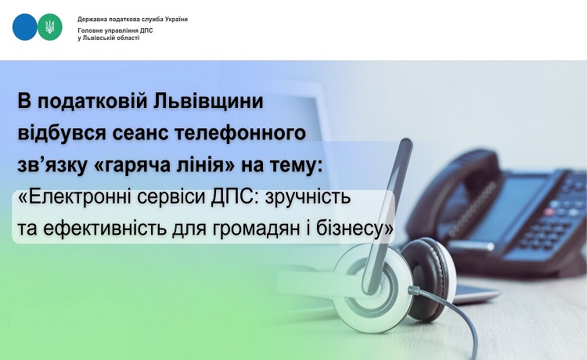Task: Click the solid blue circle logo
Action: pyautogui.click(x=25, y=27)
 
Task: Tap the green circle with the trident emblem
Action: pyautogui.click(x=50, y=27)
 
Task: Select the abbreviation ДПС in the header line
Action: pyautogui.click(x=146, y=31)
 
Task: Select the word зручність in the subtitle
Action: pyautogui.click(x=308, y=197)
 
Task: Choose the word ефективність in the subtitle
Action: pyautogui.click(x=105, y=229)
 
